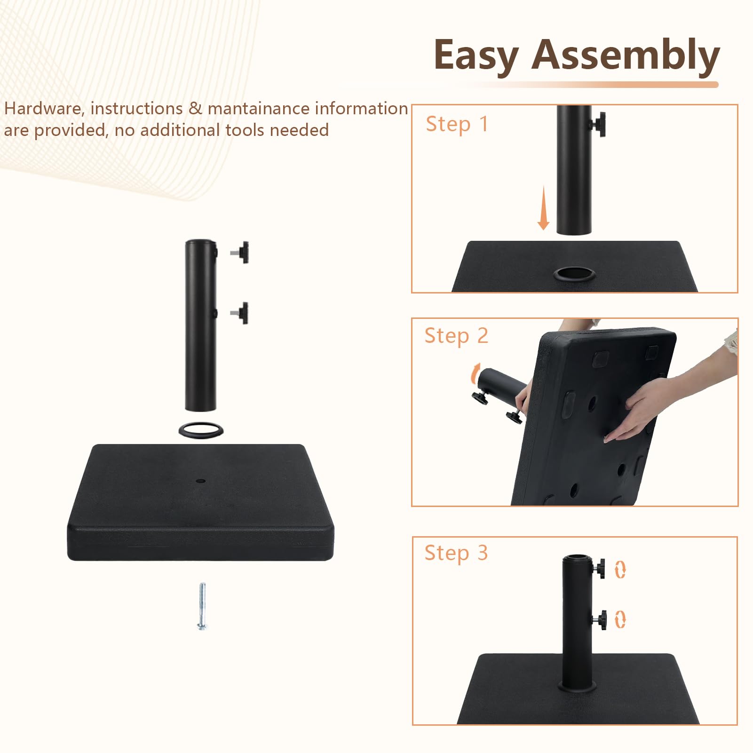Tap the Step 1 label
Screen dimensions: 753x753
coord(457,124)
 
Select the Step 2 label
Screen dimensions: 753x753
coord(456,336)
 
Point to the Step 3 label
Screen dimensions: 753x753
coord(456,553)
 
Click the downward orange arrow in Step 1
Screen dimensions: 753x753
coord(544,207)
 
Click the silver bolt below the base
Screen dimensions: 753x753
coord(202,606)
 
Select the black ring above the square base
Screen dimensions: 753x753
coord(201,429)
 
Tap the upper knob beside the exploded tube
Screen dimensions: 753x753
coord(240,252)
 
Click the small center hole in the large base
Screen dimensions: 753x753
coord(201,482)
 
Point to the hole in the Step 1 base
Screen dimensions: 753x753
coord(574,274)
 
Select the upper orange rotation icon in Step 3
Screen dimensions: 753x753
coord(620,569)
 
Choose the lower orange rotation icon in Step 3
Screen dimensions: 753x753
coord(620,619)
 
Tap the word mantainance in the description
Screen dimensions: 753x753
coord(258,109)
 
